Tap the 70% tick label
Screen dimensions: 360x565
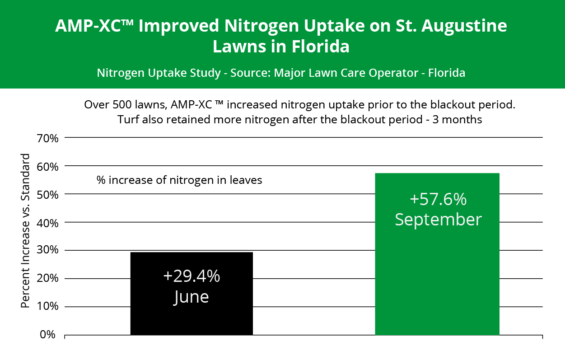coord(47,138)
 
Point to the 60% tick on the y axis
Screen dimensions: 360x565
coord(47,166)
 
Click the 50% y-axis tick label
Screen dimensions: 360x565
coord(47,194)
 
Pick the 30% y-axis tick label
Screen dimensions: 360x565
coord(47,251)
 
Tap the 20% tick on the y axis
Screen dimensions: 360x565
coord(47,279)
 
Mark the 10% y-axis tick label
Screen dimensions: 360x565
coord(47,307)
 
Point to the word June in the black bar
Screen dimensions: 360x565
coord(191,297)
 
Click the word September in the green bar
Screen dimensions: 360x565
coord(438,220)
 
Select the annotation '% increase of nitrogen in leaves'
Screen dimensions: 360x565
coord(179,180)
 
